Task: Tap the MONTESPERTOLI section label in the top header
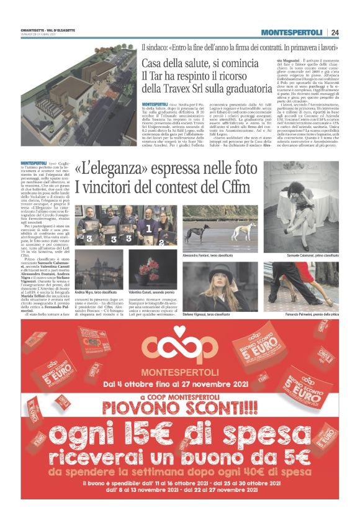pos(292,32)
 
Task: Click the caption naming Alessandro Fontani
pos(208,255)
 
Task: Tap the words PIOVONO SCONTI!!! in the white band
pos(179,407)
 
